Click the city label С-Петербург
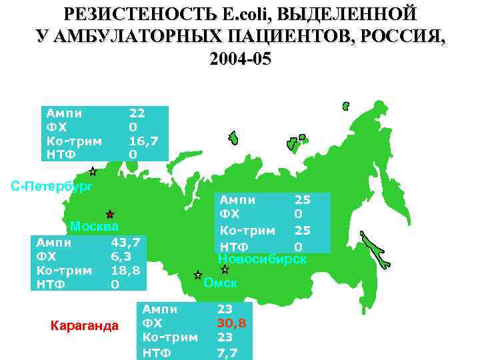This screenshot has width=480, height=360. pos(52,187)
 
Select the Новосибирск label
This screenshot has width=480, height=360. pos(263,259)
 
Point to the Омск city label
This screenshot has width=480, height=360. pos(221,283)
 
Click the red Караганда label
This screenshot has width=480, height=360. pos(84,326)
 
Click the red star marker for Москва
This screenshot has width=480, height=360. pos(110,215)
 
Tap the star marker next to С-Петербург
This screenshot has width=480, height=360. pos(93,171)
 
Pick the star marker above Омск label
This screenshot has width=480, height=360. pos(197,275)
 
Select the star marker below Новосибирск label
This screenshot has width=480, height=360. pos(225,270)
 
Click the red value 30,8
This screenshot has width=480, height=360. pos(231,323)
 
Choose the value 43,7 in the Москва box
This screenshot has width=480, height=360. pos(125,243)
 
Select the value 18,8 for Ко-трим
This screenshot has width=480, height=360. pos(125,271)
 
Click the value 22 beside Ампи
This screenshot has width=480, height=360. pos(136,113)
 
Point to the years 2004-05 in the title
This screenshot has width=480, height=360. pos(240,59)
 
